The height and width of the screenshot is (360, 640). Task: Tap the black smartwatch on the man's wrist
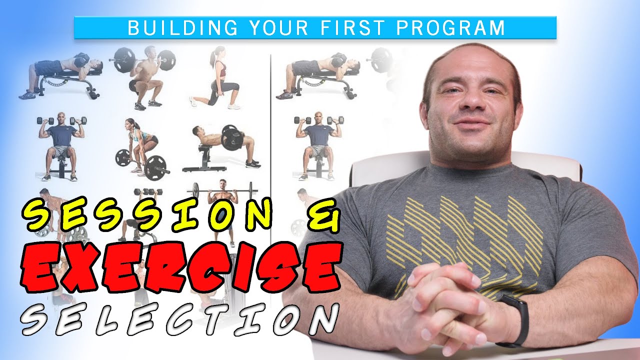[x=515, y=320]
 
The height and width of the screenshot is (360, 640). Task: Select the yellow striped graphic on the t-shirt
[x=465, y=235]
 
